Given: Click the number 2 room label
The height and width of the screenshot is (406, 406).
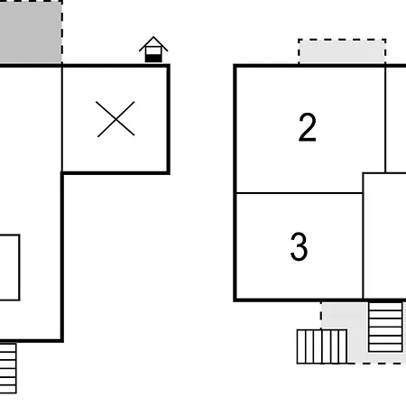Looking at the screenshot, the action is [x=308, y=127].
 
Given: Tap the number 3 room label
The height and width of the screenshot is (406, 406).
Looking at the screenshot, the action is [x=300, y=246].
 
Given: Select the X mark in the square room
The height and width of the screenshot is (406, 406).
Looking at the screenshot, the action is [x=115, y=119].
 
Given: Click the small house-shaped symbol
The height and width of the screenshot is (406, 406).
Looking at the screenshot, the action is [x=153, y=50].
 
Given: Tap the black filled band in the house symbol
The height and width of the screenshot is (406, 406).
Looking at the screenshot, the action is [x=153, y=59].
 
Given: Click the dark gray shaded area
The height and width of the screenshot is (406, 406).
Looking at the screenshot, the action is [x=31, y=32].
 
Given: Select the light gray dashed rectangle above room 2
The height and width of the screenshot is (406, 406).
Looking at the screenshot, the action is [x=342, y=51].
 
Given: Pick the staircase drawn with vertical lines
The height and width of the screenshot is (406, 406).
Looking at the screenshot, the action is [x=322, y=346].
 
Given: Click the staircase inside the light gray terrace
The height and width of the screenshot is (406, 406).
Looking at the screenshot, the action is [x=385, y=327].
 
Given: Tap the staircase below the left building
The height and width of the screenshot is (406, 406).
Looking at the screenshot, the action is [x=8, y=368].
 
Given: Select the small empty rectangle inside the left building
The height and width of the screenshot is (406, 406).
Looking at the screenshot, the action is [x=10, y=267].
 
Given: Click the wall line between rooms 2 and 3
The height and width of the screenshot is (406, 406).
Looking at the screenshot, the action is [x=300, y=193].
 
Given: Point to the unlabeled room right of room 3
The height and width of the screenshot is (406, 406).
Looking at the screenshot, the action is [x=384, y=236].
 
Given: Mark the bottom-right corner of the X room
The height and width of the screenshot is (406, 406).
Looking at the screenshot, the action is [x=169, y=173].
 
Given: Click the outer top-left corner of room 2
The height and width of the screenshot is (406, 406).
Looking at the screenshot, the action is [x=235, y=66].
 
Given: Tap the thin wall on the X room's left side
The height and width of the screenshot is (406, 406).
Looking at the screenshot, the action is [x=62, y=119].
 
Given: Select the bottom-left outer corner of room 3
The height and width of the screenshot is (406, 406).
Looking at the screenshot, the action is [x=235, y=300].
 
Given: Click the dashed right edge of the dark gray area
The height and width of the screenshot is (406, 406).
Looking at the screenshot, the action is [x=62, y=32].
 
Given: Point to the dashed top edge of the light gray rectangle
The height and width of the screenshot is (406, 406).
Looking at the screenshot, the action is [x=342, y=39].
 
